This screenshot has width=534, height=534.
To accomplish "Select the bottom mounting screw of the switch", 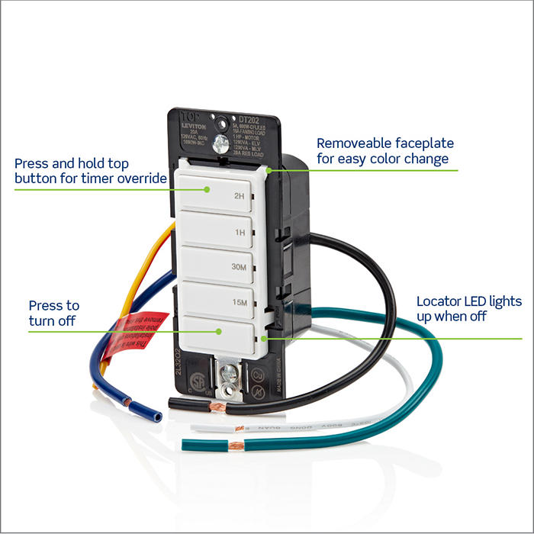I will [228, 374].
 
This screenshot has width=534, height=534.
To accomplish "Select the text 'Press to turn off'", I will [53, 313].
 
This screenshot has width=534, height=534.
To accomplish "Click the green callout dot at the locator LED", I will [263, 338].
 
